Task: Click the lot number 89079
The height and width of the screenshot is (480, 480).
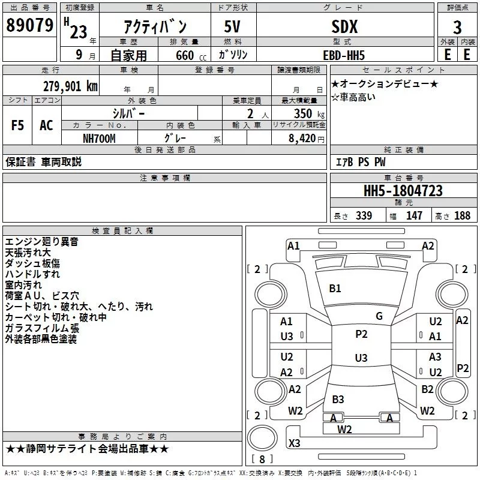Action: (29, 25)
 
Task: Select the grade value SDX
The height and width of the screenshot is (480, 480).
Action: (344, 26)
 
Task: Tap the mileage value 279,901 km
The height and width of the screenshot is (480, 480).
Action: (70, 86)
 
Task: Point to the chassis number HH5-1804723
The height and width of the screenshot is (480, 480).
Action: (403, 191)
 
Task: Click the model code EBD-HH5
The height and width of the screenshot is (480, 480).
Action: (344, 55)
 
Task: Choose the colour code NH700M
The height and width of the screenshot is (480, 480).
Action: (99, 139)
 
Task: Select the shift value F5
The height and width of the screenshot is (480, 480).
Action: (17, 125)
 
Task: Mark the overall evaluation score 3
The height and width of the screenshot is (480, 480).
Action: (457, 28)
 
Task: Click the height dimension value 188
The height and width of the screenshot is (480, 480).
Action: (462, 215)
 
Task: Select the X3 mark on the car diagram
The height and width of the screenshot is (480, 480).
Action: (294, 443)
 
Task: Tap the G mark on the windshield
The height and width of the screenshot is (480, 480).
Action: (379, 316)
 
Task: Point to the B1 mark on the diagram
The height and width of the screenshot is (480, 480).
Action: (335, 289)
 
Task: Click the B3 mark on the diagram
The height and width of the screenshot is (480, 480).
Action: (338, 399)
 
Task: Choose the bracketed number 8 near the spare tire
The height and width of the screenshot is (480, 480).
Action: (262, 459)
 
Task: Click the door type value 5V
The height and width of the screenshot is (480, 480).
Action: (232, 26)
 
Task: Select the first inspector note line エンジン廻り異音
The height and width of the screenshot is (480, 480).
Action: (41, 242)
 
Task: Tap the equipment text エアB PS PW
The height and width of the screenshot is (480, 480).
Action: (361, 161)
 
